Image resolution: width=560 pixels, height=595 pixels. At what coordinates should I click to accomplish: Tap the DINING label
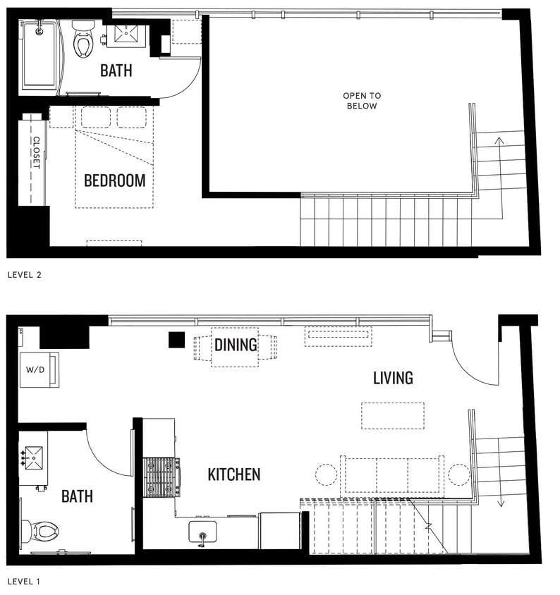click(236, 345)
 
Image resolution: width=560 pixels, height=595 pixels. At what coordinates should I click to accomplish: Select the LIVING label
click(393, 378)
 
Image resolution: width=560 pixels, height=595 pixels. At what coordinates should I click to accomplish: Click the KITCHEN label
click(233, 474)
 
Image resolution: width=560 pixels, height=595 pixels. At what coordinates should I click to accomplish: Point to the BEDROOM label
click(114, 180)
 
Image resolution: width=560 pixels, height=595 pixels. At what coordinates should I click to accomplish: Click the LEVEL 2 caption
click(25, 274)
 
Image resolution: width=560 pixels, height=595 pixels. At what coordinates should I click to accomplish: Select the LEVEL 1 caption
click(25, 582)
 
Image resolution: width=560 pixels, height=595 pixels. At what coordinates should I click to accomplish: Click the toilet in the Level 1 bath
click(42, 530)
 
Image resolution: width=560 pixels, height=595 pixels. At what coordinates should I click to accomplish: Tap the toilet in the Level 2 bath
click(83, 39)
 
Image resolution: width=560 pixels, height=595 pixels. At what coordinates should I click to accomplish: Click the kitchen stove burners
click(162, 477)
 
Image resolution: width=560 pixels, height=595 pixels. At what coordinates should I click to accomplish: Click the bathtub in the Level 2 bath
click(41, 56)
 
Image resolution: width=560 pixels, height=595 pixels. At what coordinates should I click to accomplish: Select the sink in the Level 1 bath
click(33, 457)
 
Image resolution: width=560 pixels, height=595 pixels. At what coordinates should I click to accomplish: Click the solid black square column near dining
click(176, 340)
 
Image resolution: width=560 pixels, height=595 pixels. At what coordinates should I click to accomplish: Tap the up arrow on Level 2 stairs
click(499, 141)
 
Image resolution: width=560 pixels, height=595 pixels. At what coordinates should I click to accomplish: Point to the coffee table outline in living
click(393, 415)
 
